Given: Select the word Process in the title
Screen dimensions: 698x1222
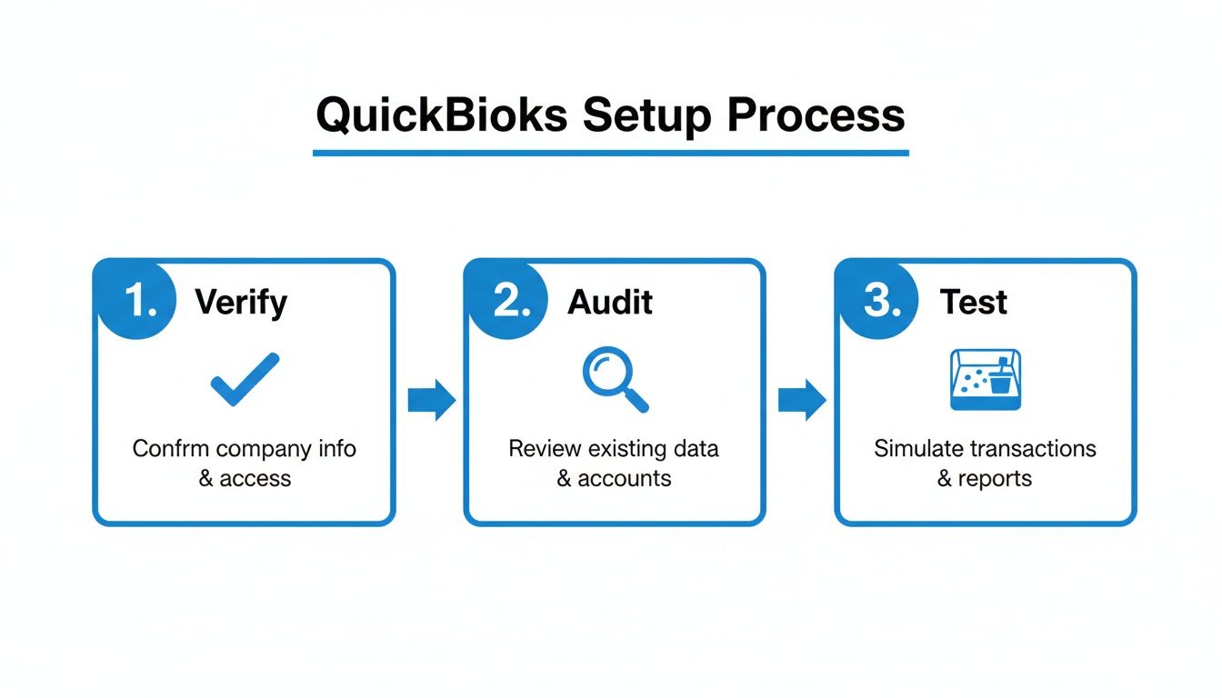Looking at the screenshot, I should [x=816, y=116].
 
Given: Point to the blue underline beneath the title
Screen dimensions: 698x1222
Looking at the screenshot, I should [x=610, y=153].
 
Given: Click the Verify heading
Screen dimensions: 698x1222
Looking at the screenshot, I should [x=241, y=303].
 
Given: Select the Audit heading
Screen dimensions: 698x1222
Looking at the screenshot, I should [x=610, y=303].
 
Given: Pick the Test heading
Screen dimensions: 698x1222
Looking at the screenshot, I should [x=974, y=303].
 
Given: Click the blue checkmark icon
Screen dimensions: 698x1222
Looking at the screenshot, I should [x=245, y=380].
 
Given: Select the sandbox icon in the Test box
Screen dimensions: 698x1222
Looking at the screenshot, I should [x=986, y=380].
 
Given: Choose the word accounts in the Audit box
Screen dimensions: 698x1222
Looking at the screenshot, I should [x=626, y=479].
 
